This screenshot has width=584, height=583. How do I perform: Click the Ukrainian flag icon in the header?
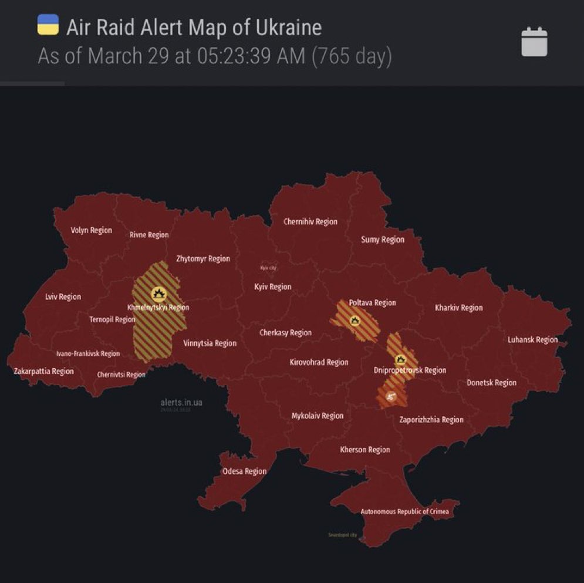(48, 25)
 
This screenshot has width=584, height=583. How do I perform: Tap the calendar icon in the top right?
(534, 43)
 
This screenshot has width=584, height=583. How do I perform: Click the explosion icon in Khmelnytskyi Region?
(158, 294)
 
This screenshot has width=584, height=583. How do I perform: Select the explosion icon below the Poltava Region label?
(355, 321)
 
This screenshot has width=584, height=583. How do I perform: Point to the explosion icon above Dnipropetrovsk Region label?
(401, 359)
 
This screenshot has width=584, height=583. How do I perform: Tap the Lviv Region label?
(63, 297)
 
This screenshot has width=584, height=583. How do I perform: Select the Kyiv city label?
(268, 268)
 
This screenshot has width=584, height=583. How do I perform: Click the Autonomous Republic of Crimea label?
(404, 512)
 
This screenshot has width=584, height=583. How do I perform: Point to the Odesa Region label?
(244, 471)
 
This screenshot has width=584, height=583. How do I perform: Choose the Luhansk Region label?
(533, 340)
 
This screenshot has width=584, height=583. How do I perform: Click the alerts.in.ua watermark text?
(181, 403)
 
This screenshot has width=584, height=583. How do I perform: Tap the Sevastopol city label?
(342, 535)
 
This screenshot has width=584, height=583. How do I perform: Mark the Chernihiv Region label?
(310, 222)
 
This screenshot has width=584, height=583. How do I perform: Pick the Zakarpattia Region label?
(44, 371)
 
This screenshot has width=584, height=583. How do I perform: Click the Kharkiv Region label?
(459, 308)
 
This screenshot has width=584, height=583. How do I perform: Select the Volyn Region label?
(91, 230)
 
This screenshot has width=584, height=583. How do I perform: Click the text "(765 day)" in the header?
(352, 56)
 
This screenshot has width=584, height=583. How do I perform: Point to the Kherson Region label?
(365, 450)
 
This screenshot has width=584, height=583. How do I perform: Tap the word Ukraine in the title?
(286, 27)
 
